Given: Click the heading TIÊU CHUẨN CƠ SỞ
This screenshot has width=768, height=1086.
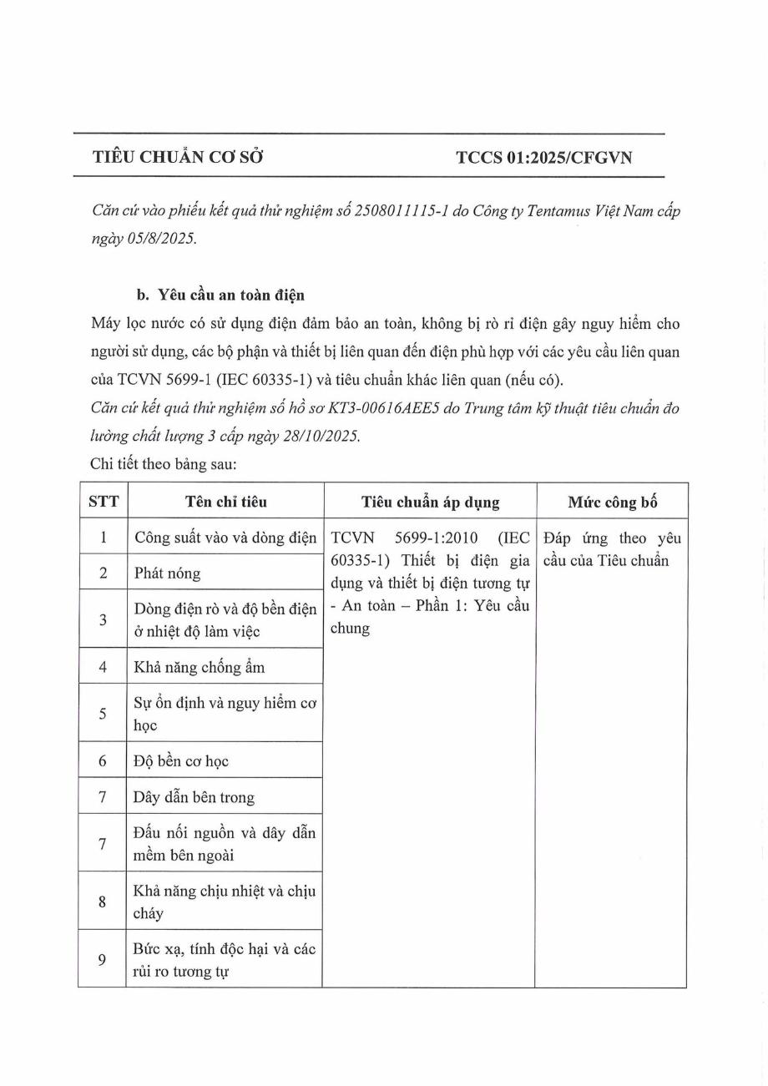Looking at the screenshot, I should click(178, 156).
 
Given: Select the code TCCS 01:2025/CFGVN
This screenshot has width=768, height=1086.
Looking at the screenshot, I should click(544, 156).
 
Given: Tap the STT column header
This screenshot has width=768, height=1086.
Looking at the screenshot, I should click(103, 502).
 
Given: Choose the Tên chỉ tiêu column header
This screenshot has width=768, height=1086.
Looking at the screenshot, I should click(225, 502).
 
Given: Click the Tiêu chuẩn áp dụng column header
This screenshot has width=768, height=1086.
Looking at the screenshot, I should click(430, 502).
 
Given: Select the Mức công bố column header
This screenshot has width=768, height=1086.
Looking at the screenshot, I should click(612, 502).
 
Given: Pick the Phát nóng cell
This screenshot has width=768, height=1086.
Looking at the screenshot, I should click(167, 573).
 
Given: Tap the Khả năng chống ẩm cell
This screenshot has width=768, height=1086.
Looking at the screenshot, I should click(200, 667).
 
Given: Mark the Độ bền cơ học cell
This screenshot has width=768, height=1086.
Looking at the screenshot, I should click(181, 761).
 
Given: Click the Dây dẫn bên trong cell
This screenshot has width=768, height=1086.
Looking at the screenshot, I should click(194, 797).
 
